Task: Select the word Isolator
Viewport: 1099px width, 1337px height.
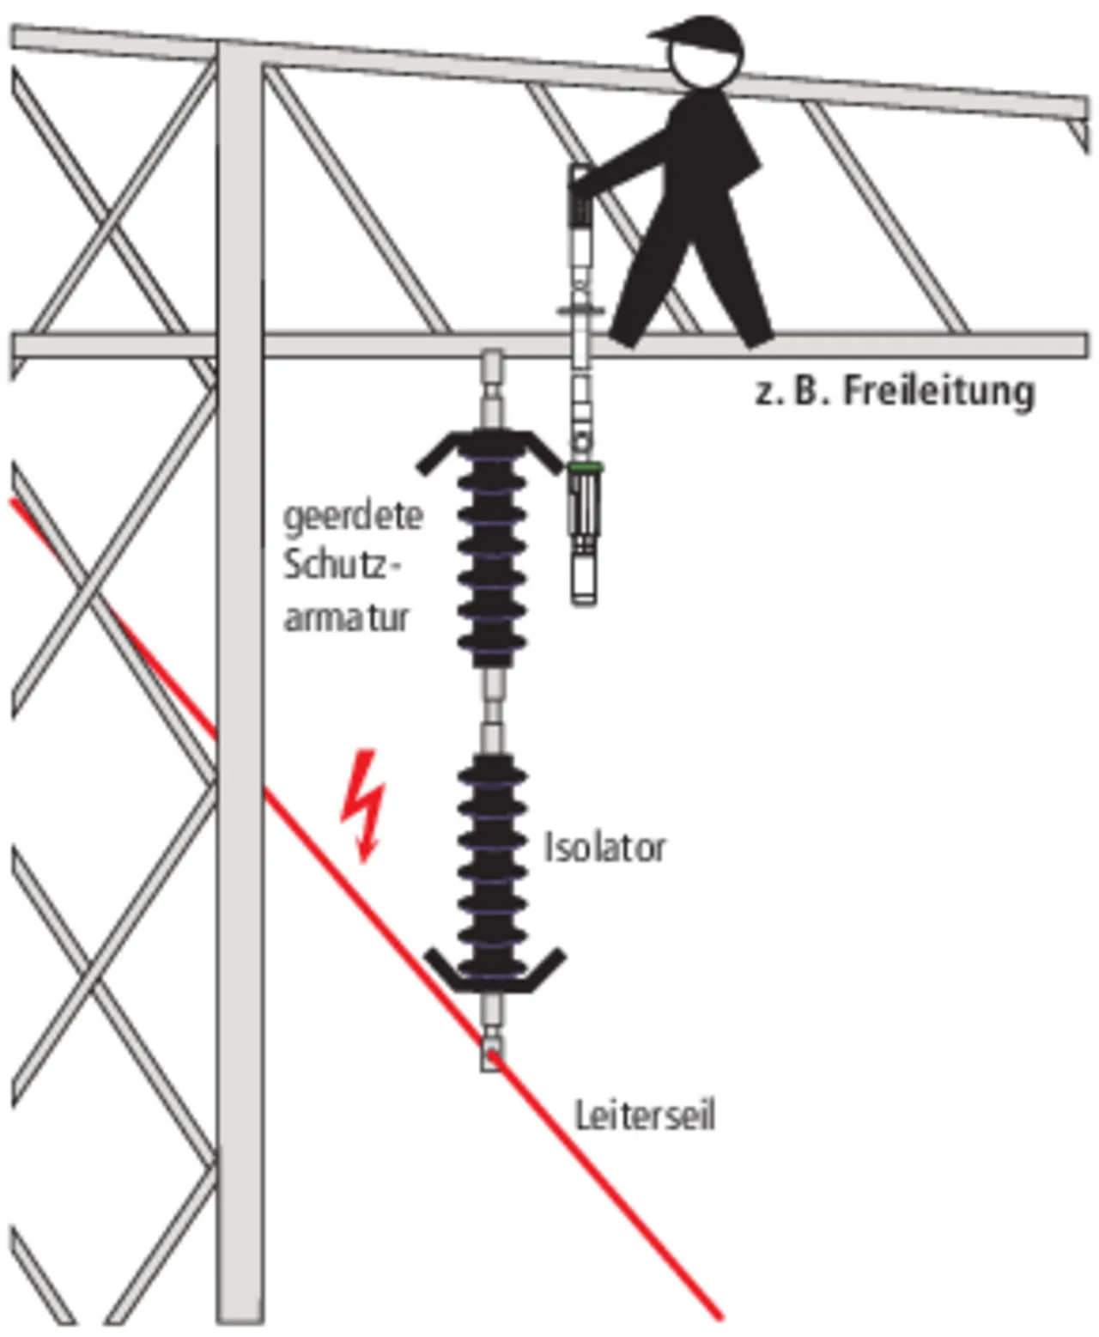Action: click(x=604, y=848)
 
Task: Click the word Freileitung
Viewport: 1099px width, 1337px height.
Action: click(x=938, y=392)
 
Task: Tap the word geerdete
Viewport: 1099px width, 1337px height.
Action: click(x=353, y=517)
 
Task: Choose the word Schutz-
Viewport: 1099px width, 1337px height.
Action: click(x=342, y=566)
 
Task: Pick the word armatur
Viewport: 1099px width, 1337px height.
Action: click(x=346, y=617)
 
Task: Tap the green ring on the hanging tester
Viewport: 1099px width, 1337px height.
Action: click(x=586, y=467)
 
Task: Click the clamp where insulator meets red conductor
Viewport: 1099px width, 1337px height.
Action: click(x=491, y=1053)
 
